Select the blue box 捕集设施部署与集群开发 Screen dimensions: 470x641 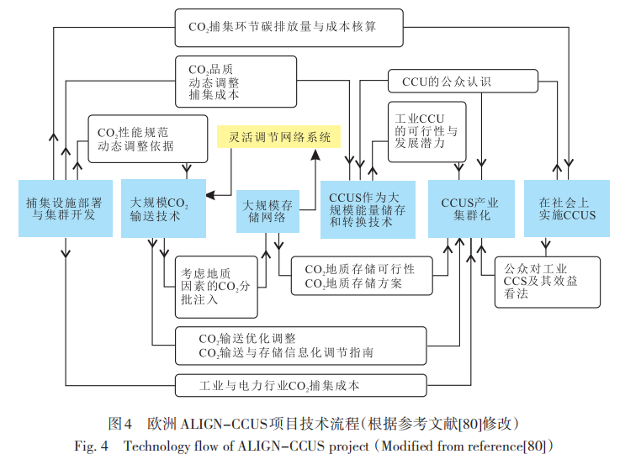coord(65,209)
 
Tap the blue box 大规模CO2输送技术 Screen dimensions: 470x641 coord(163,209)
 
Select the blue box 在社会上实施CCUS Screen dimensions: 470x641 coord(567,209)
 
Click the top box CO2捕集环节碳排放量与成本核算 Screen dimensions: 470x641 coord(289,27)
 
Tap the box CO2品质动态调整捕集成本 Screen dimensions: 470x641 coord(236,82)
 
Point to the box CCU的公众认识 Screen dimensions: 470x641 coord(463,82)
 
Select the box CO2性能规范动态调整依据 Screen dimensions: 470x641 coord(146,139)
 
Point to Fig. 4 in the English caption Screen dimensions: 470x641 coord(92,446)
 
